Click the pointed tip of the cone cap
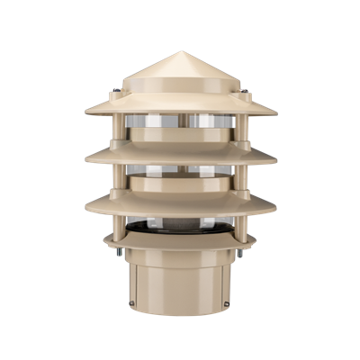[180, 52]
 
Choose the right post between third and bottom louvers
[244, 225]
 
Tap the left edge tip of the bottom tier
[103, 240]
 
